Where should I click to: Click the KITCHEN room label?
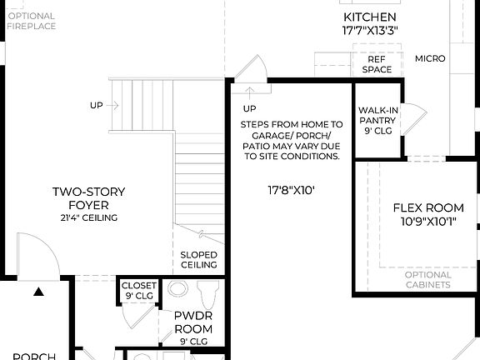pyautogui.click(x=369, y=17)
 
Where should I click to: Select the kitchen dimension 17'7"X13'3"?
pyautogui.click(x=369, y=31)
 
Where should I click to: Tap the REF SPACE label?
pyautogui.click(x=376, y=64)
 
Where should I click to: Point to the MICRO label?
pyautogui.click(x=430, y=58)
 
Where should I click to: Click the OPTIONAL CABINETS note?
pyautogui.click(x=427, y=279)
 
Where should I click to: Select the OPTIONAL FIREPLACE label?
pyautogui.click(x=31, y=21)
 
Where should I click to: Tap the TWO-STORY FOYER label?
pyautogui.click(x=81, y=197)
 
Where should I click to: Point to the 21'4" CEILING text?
pyautogui.click(x=81, y=217)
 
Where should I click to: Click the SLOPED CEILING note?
pyautogui.click(x=199, y=260)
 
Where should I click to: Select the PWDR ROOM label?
pyautogui.click(x=192, y=322)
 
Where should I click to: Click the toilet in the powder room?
pyautogui.click(x=207, y=292)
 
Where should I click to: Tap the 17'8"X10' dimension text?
pyautogui.click(x=291, y=191)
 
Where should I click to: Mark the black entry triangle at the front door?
pyautogui.click(x=38, y=292)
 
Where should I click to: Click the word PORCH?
pyautogui.click(x=33, y=356)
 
